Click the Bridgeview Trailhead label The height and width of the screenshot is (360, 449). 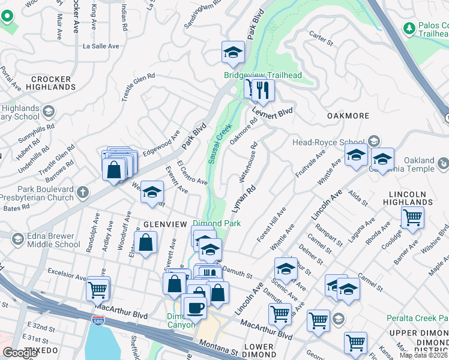point(262,75)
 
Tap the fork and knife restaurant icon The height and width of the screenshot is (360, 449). point(263,91)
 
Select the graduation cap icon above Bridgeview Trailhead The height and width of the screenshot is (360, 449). point(233,53)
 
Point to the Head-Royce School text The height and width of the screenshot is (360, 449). point(328,142)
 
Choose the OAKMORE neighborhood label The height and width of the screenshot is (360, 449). point(346,115)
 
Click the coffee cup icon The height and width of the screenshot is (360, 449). point(193,308)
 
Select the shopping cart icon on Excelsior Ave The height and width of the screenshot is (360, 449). point(98,289)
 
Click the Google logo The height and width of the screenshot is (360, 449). point(20,353)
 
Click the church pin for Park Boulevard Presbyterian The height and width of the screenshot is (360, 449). point(83,193)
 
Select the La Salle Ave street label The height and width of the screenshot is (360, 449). point(101,46)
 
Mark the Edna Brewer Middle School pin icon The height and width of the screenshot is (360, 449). point(17,239)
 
